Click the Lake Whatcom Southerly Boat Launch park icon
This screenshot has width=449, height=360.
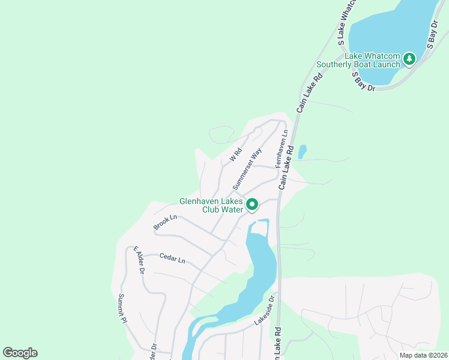pos(409,59)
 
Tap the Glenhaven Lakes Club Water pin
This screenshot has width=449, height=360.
pos(253,205)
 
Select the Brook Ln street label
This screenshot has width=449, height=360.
pos(165,222)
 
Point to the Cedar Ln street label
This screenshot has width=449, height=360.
pos(172,259)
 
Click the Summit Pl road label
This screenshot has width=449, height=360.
pos(122,308)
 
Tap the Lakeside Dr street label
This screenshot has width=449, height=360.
pos(267,310)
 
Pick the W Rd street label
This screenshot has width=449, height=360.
pos(235,155)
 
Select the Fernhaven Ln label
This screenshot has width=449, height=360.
pos(282,149)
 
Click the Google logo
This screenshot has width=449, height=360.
pos(20,353)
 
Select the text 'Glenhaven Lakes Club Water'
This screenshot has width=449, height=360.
pos(211,206)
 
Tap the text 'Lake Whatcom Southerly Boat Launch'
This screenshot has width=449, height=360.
pos(359,61)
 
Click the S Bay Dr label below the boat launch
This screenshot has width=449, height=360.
pos(364,82)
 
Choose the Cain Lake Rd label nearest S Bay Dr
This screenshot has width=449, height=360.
pos(310,92)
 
